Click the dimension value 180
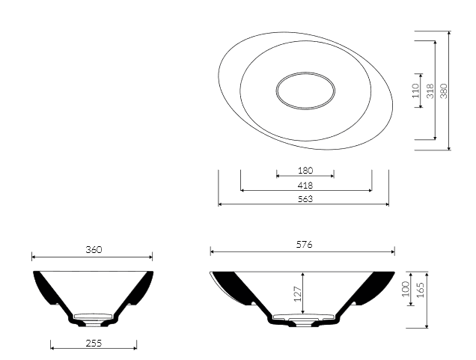pos(305,171)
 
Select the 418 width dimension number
pos(305,185)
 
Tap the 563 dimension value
pos(305,199)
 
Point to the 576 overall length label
pos(304,244)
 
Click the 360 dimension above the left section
pos(94,250)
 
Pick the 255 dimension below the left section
pos(94,344)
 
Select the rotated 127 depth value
pos(298,294)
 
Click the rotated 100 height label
pos(406,289)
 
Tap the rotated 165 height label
pos(421,290)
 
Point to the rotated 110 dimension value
pos(415,91)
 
